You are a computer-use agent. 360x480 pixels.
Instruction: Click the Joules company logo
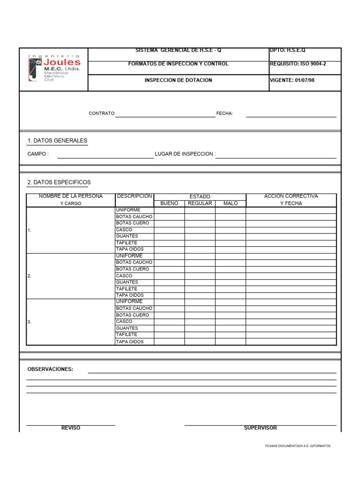pos(54,68)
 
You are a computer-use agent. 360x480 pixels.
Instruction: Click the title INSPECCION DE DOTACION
pos(178,80)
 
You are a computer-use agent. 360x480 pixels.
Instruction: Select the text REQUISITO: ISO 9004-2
pos(298,64)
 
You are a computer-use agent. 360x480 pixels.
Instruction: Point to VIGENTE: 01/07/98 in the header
pos(292,80)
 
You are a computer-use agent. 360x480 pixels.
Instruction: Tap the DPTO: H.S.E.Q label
pos(287,50)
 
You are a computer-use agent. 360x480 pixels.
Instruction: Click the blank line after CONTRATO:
pos(165,113)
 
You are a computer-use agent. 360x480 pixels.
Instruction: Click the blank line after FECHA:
pos(291,113)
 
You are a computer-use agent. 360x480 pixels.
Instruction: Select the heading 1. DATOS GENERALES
pos(57,141)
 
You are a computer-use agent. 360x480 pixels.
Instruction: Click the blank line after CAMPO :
pos(105,155)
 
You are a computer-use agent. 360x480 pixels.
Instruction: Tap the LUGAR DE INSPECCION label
pos(185,154)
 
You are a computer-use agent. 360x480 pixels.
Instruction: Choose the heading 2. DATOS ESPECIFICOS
pos(59,182)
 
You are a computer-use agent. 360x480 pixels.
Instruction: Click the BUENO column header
pos(169,203)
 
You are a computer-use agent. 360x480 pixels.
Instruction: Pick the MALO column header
pos(231,203)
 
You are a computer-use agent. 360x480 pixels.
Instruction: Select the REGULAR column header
pos(200,203)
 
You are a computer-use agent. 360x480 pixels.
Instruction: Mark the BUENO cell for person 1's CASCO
pos(169,230)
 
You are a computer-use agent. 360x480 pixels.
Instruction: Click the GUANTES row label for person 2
pos(127,283)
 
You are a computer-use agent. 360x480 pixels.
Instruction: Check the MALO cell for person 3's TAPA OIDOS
pos(231,342)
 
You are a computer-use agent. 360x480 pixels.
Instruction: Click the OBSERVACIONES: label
pos(50,369)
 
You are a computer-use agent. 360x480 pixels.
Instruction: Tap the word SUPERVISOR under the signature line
pos(260,428)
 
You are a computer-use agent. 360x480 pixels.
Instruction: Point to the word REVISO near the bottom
pos(71,428)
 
